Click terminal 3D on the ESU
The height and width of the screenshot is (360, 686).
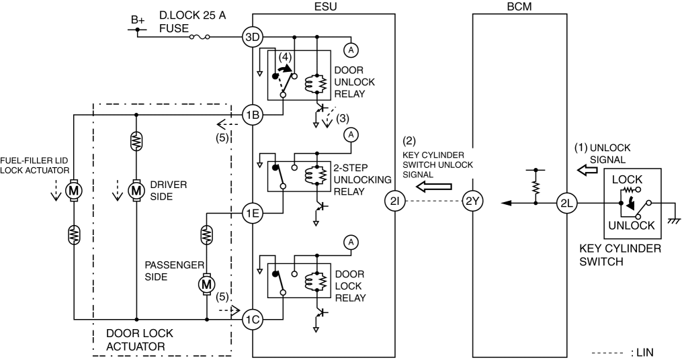[x=253, y=37]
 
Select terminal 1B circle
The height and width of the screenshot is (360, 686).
[x=253, y=115]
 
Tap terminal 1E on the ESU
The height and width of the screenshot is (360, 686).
[x=253, y=214]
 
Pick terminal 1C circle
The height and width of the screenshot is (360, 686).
[x=253, y=320]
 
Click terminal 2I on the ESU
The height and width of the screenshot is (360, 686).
[x=395, y=201]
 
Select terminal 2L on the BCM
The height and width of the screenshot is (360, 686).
[x=567, y=203]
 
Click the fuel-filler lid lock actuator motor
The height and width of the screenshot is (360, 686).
[x=74, y=190]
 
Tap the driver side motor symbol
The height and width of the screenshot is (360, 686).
[x=136, y=190]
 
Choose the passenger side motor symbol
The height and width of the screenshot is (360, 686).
[x=206, y=284]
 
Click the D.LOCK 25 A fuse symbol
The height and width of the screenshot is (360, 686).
[x=200, y=37]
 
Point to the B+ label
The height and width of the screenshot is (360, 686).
[x=137, y=19]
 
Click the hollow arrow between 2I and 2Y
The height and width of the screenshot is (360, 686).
[x=433, y=187]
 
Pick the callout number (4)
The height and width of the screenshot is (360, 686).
[x=285, y=57]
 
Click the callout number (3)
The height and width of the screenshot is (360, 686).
[x=343, y=118]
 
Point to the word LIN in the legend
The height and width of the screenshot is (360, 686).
[x=644, y=353]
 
